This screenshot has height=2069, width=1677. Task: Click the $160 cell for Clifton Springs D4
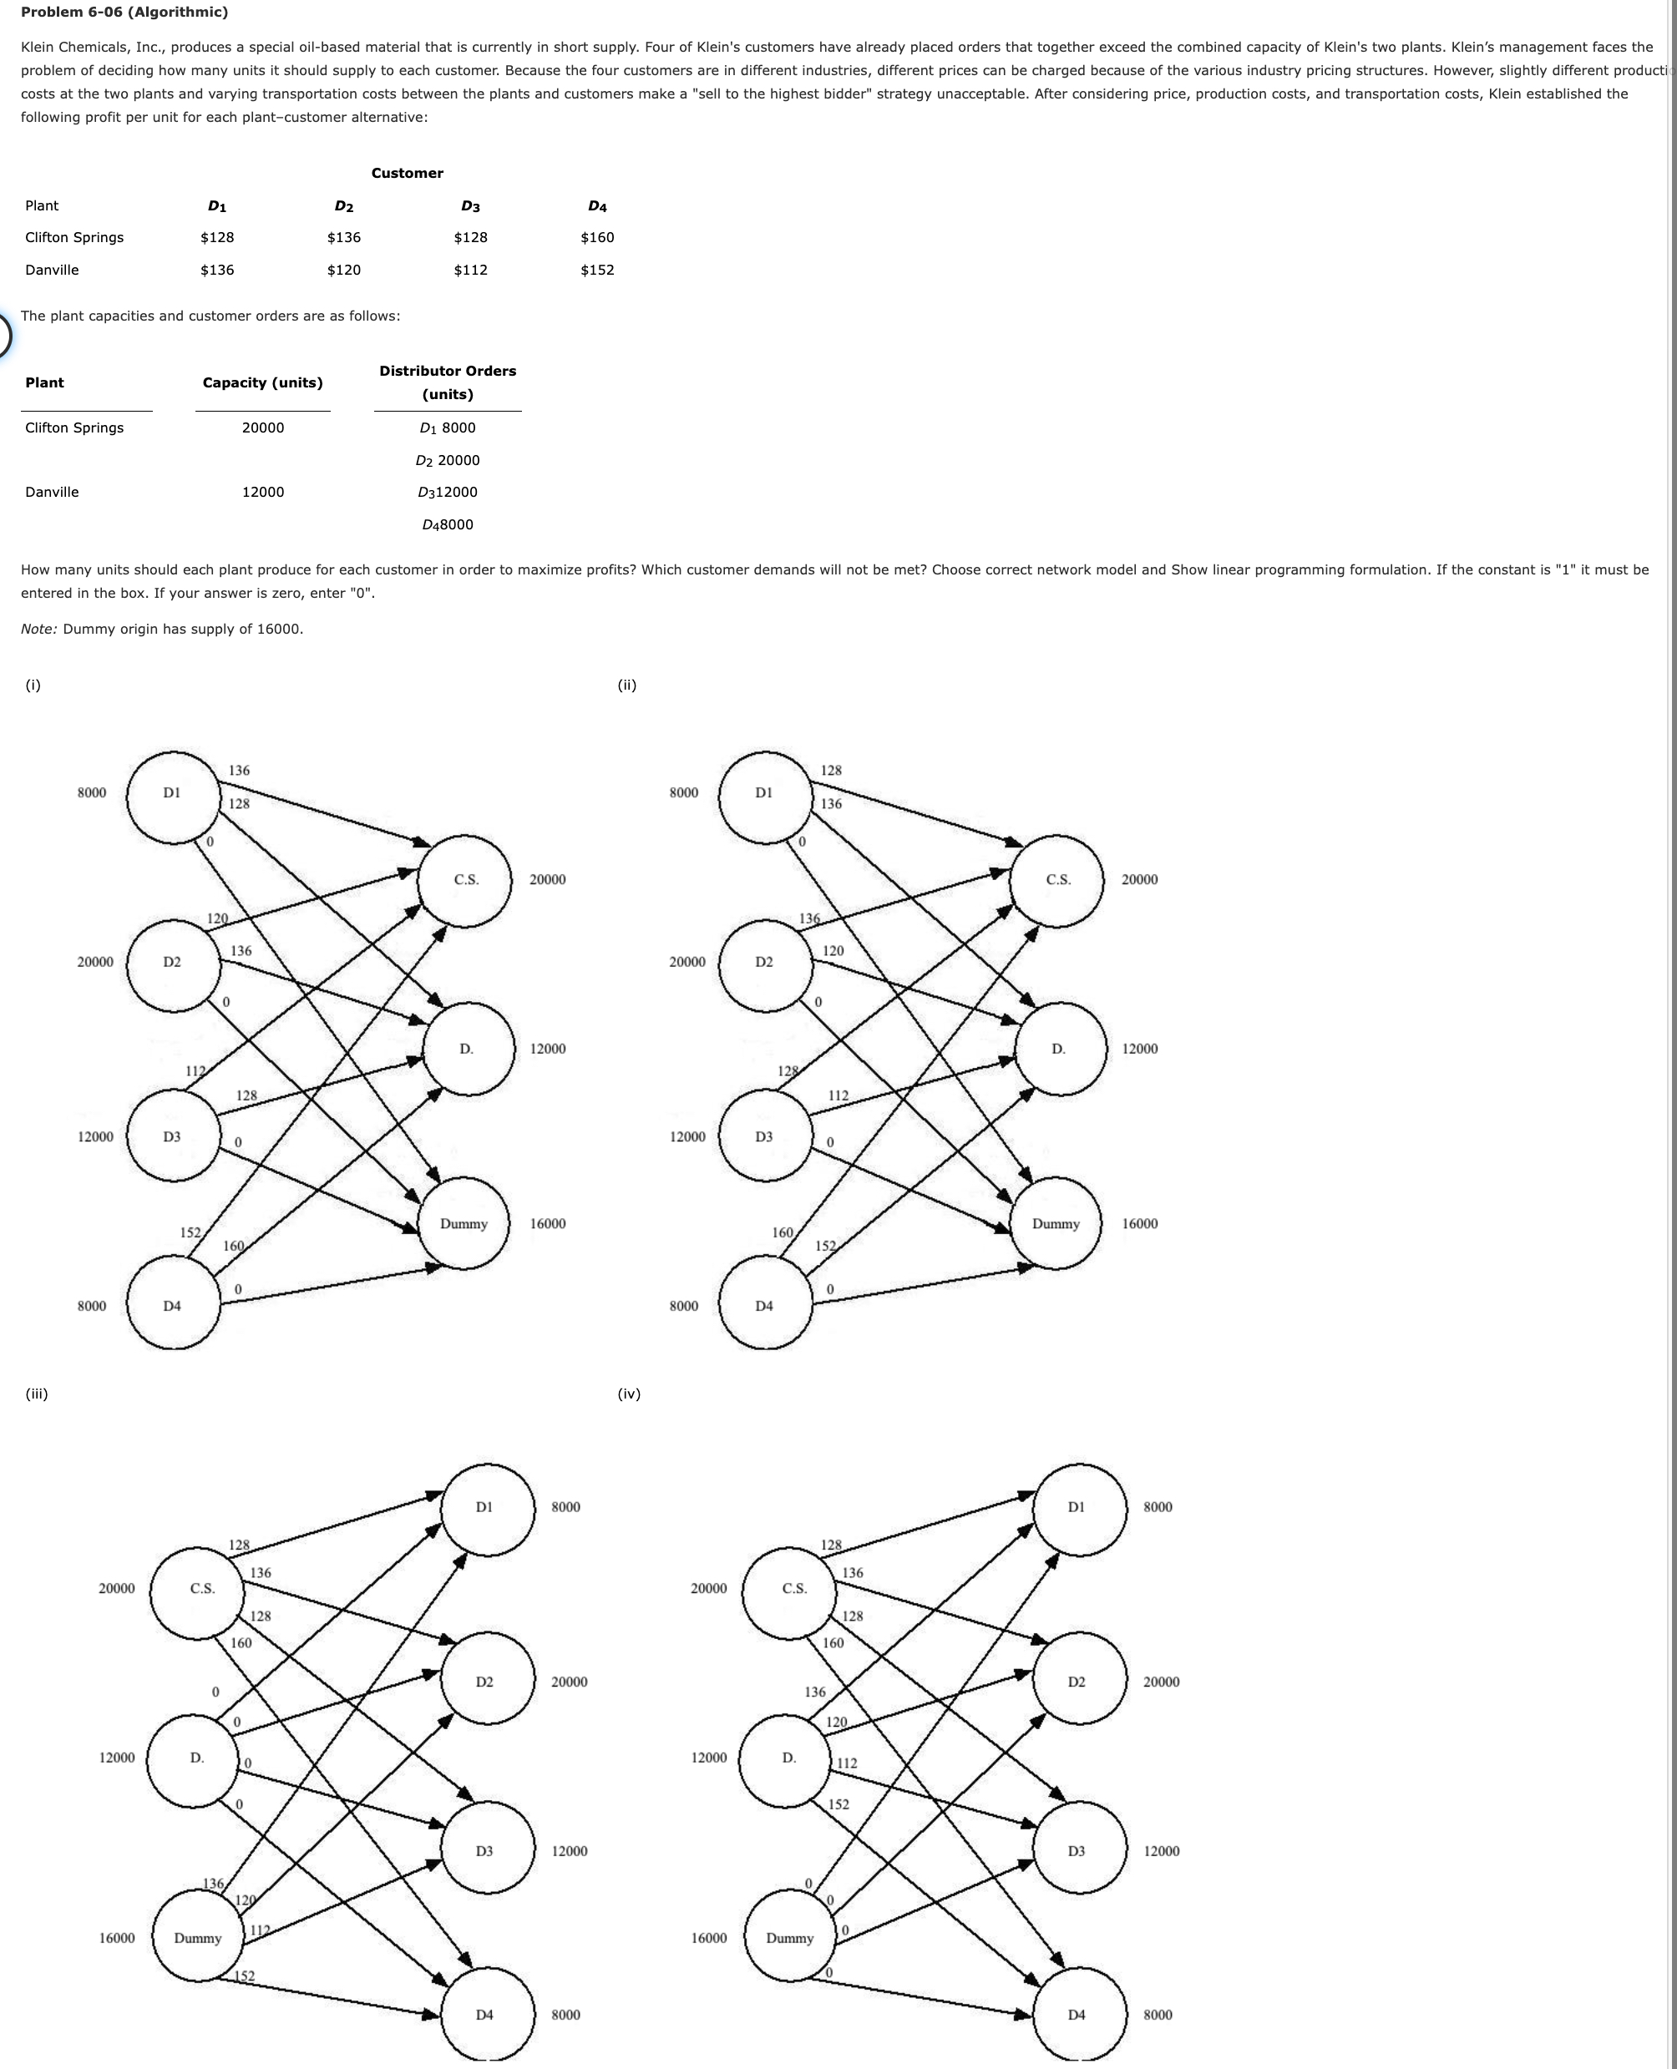(x=597, y=238)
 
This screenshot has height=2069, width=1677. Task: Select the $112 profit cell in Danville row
(x=470, y=271)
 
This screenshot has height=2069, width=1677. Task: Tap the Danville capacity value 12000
(x=263, y=493)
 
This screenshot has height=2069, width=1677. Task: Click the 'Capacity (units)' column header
(x=263, y=383)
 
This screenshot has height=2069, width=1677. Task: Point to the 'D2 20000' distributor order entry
(x=448, y=461)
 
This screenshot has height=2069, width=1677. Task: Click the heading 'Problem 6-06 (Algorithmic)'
(x=124, y=13)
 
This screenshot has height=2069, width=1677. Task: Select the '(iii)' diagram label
(x=37, y=1394)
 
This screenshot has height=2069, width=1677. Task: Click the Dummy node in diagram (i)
(x=464, y=1224)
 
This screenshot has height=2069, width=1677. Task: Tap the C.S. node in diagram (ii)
(x=1058, y=880)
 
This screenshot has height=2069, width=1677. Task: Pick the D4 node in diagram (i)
(x=172, y=1306)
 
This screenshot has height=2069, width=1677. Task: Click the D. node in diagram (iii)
(x=197, y=1758)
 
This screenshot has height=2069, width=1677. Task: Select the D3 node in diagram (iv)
(x=1077, y=1852)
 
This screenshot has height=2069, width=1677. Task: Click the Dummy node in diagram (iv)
(x=789, y=1939)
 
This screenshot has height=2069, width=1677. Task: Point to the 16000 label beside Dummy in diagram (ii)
(x=1139, y=1224)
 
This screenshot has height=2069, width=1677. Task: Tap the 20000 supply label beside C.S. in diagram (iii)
(x=117, y=1589)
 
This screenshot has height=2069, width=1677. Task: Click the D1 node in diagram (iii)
(x=485, y=1508)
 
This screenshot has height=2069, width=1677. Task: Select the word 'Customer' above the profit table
(x=407, y=174)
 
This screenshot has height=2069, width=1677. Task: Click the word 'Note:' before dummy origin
(x=38, y=630)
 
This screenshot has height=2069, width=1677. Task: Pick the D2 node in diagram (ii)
(x=764, y=962)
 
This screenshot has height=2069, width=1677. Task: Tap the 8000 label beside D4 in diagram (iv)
(x=1158, y=2015)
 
